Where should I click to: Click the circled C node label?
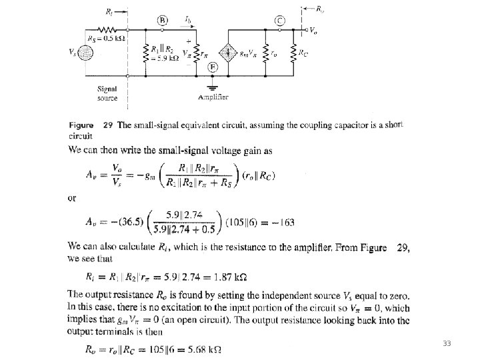tap(280, 20)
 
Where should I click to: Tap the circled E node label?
tap(211, 66)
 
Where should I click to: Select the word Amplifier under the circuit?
tap(213, 97)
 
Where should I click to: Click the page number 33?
tap(447, 343)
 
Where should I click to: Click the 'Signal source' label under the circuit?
tap(107, 93)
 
